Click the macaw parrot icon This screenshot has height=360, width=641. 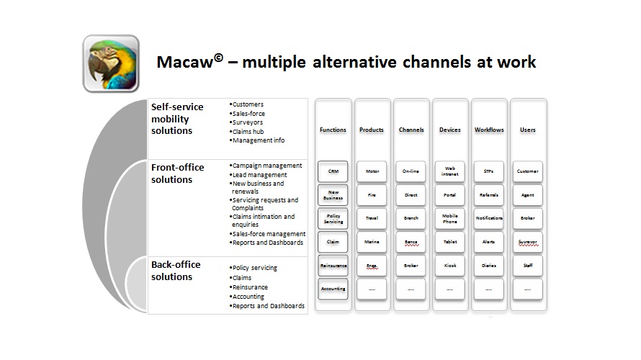110,63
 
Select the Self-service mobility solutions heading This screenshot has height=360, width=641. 177,118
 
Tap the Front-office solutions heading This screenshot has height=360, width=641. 177,173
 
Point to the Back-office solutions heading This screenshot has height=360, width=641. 176,270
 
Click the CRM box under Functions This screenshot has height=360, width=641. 333,171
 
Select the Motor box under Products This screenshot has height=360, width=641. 372,171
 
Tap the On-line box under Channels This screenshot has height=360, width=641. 411,171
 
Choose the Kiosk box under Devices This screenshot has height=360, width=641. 449,266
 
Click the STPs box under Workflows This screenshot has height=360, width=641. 488,171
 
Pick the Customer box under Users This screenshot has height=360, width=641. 528,171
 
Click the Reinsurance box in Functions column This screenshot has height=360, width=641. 333,266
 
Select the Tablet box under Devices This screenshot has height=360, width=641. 449,242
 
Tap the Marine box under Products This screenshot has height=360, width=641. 372,242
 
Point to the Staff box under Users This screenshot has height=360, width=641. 528,266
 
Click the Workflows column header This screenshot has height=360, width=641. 489,130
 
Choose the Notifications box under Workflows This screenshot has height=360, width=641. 488,218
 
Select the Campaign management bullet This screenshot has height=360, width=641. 267,166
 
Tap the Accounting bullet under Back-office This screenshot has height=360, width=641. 248,297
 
